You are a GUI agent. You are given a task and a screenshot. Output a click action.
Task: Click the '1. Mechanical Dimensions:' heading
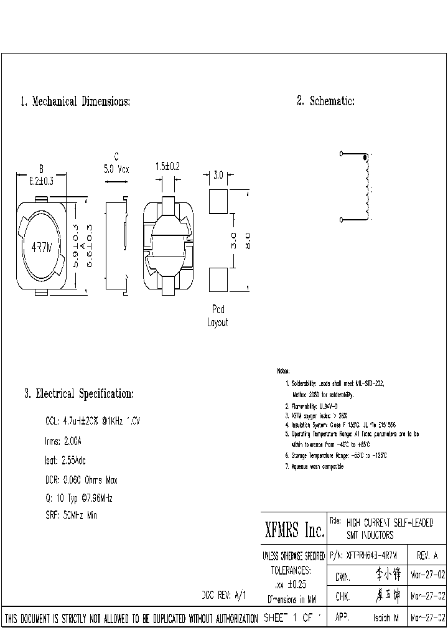[75, 101]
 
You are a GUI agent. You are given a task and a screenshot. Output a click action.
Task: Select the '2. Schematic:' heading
[325, 101]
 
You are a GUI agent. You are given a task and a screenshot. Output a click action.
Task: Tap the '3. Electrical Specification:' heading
[78, 393]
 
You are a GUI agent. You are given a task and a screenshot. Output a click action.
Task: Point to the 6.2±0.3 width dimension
[41, 180]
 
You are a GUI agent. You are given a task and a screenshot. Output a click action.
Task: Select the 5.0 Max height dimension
[116, 168]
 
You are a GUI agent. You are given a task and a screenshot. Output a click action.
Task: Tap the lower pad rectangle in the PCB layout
[218, 279]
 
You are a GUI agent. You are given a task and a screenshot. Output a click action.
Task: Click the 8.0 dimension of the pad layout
[247, 240]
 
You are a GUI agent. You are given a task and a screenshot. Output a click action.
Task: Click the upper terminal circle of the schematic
[342, 154]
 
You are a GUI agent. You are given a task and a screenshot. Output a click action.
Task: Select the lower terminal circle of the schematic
[342, 219]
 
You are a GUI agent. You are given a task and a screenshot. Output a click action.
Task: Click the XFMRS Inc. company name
[291, 530]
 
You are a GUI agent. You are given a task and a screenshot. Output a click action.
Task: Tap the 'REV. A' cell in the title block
[427, 555]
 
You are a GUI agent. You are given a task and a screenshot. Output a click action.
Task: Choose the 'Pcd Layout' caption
[217, 316]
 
